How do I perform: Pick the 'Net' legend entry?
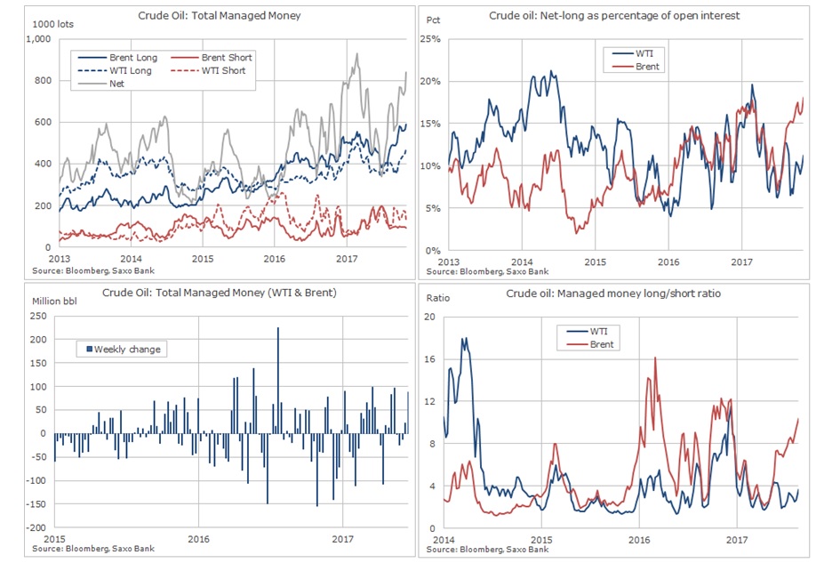(x=116, y=84)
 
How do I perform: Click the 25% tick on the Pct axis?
(x=430, y=39)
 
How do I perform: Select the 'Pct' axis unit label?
(x=435, y=19)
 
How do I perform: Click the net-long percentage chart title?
(x=614, y=15)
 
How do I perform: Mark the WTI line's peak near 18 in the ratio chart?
(x=464, y=338)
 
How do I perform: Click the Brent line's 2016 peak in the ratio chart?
(x=655, y=358)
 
